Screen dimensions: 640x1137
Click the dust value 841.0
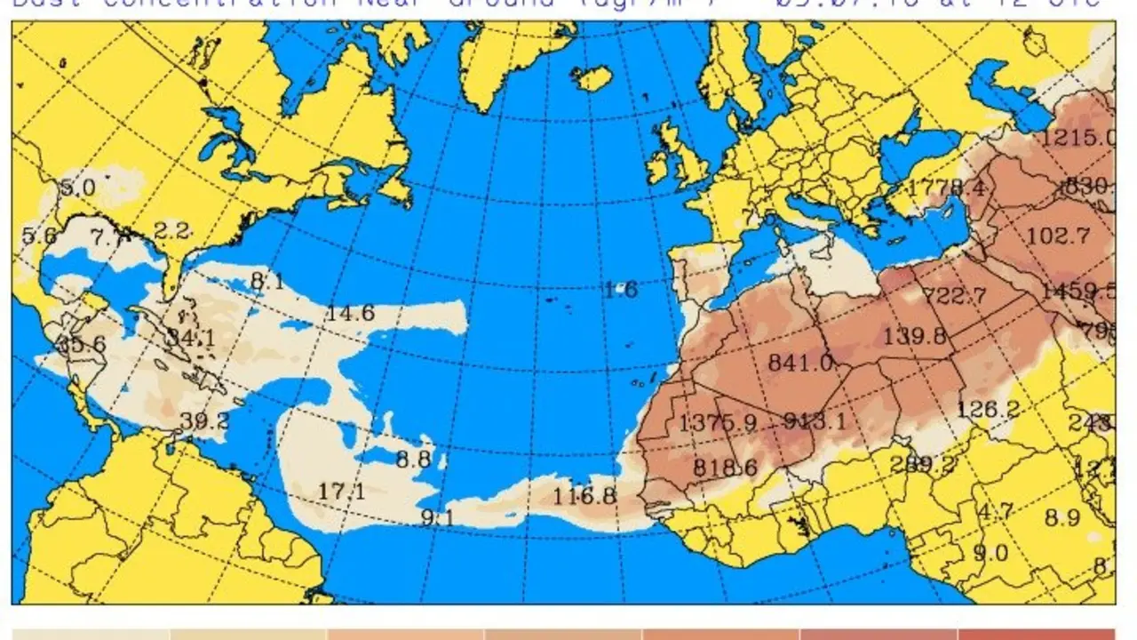pos(799,363)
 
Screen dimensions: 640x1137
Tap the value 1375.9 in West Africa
pos(717,424)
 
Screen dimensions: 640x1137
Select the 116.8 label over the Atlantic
pos(584,496)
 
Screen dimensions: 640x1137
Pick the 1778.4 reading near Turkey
pos(946,188)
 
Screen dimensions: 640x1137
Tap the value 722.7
pos(954,295)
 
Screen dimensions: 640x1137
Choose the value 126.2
pos(989,410)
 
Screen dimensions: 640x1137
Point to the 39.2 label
pos(204,421)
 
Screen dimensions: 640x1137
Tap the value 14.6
pos(350,313)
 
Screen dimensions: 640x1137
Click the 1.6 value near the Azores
pos(620,290)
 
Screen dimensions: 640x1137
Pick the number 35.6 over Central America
pos(81,345)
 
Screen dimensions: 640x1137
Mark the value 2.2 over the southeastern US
pos(171,231)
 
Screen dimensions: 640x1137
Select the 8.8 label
pos(413,460)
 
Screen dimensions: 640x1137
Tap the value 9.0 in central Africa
pos(990,552)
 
